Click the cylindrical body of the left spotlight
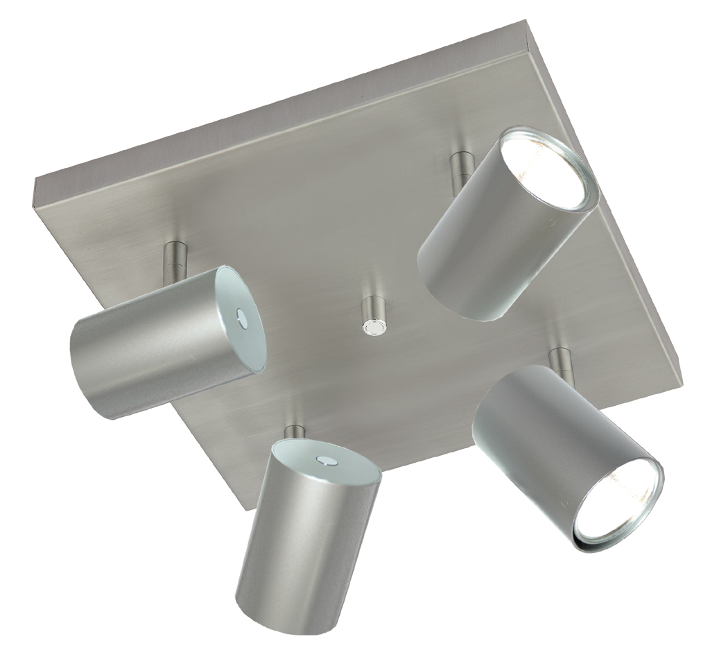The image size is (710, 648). [x=149, y=350]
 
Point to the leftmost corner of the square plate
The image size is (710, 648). [x=35, y=182]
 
